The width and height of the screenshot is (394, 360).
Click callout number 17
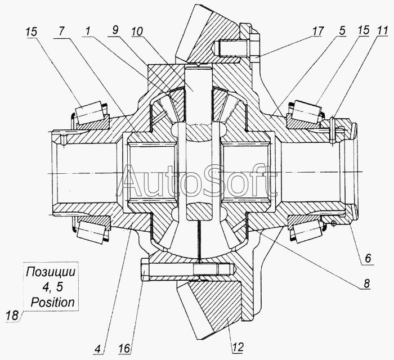[318, 31]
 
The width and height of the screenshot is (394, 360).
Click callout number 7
[59, 31]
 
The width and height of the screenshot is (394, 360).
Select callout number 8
[366, 285]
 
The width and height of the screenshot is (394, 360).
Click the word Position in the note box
[52, 302]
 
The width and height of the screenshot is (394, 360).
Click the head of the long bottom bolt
[143, 270]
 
